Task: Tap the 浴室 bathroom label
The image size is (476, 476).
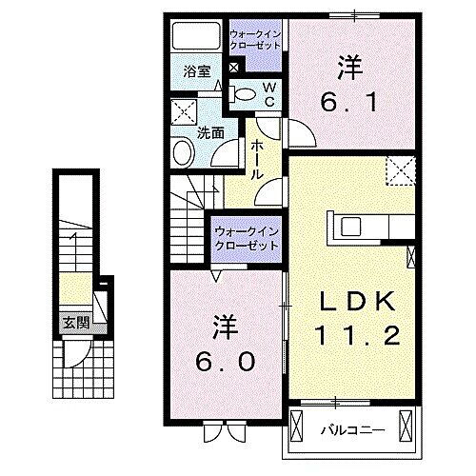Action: [197, 71]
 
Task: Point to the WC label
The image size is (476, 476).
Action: [269, 93]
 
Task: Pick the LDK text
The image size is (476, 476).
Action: [357, 302]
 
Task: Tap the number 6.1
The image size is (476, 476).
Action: [348, 98]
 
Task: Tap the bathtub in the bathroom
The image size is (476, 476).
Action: [196, 36]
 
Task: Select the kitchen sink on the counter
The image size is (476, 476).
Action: [348, 227]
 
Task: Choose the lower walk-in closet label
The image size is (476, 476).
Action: [246, 238]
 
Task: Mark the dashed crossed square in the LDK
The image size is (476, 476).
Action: [397, 172]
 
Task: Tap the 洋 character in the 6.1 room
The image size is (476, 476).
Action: [347, 67]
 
